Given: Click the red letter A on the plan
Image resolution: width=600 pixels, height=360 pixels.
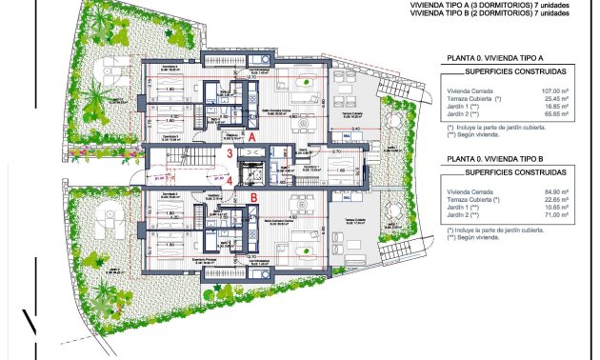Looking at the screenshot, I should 252,137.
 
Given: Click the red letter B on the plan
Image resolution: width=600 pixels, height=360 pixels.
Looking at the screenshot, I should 253,198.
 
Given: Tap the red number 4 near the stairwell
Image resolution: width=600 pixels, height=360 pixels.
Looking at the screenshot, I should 230,179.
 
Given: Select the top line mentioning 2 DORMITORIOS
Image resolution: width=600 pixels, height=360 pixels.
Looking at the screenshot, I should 475,13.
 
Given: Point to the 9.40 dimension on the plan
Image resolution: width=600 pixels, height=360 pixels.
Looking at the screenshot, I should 354,128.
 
